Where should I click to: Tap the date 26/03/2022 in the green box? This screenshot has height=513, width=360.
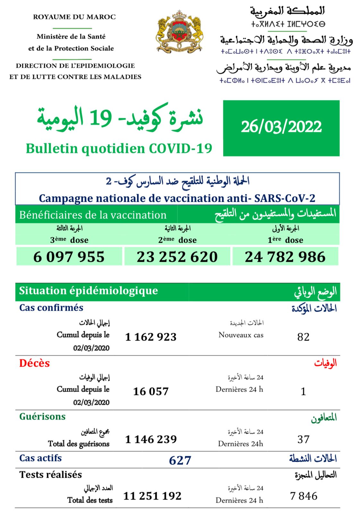coord(281,127)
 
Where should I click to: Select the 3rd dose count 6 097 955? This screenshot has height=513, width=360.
coord(69,257)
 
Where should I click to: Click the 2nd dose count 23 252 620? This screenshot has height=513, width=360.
coord(177,257)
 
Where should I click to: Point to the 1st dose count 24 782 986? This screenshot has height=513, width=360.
coord(285,257)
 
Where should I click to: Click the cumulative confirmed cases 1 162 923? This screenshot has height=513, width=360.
coord(151,337)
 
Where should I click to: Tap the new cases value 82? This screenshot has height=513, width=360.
coord(303,337)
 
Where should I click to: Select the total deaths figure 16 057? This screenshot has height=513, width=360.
coord(151,391)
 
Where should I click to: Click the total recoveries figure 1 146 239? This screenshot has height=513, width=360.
coord(151,439)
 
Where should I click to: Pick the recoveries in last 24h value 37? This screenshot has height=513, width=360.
coord(303,439)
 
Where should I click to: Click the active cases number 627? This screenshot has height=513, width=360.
coord(180,460)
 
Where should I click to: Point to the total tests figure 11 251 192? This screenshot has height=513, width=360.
coord(152,496)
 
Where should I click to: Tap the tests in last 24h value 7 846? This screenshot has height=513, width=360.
coord(304,496)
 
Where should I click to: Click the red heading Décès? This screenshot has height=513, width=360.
coord(35,363)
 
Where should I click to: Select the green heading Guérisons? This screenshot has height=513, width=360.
coord(42,416)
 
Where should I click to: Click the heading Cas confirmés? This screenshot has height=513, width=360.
coord(51,308)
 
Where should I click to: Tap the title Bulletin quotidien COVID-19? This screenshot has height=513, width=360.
coord(119,148)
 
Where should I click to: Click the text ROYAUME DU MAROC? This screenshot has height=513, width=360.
coord(74,17)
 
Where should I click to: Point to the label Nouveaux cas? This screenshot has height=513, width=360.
coord(241,335)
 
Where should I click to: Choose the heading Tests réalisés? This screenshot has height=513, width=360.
coord(51,475)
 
